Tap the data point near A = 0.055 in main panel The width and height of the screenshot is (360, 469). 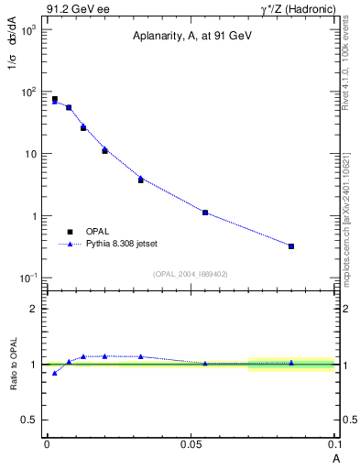(x=205, y=213)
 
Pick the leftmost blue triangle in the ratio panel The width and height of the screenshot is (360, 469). (x=55, y=373)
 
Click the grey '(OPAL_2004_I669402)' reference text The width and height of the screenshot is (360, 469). (x=190, y=273)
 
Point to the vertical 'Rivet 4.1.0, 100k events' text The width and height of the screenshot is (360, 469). (x=345, y=64)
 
